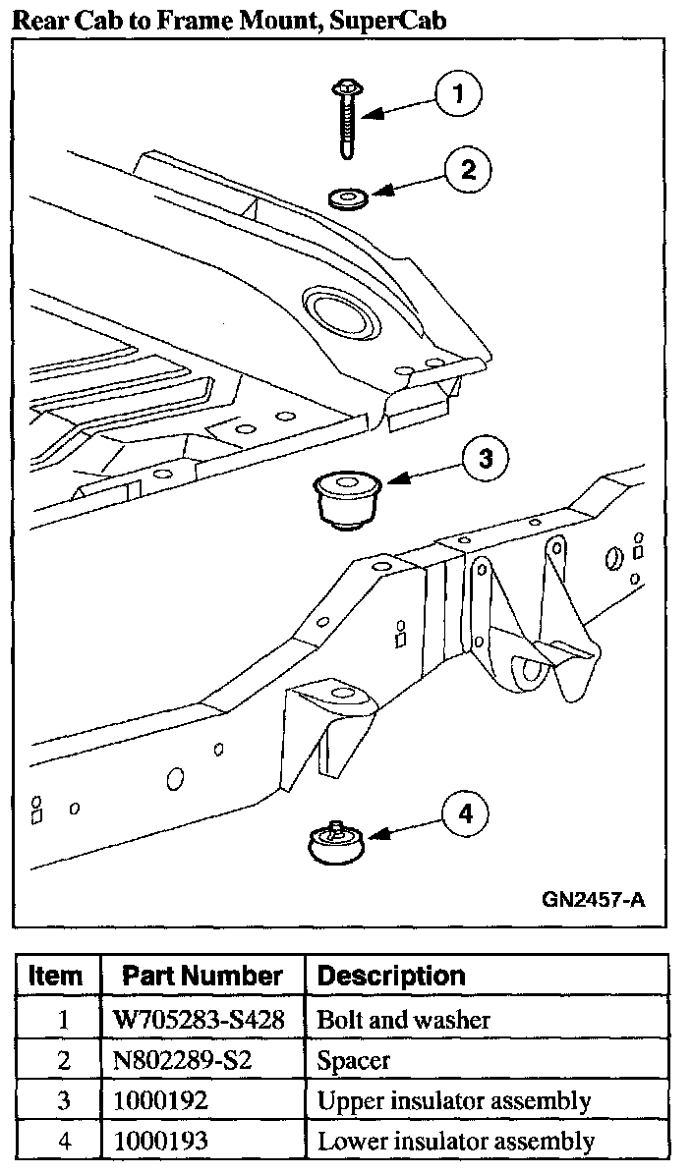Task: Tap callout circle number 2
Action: (468, 169)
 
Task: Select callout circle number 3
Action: (486, 459)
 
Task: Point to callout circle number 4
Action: (465, 813)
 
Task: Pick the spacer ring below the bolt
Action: (347, 199)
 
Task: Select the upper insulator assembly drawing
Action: (346, 500)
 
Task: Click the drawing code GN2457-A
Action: (593, 899)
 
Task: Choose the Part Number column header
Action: (202, 976)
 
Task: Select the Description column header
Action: (391, 976)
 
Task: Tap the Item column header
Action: (56, 976)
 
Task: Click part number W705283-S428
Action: (201, 1019)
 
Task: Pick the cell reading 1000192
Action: (161, 1100)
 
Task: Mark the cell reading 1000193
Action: (161, 1141)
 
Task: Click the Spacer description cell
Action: (354, 1060)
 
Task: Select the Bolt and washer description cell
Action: (403, 1019)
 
